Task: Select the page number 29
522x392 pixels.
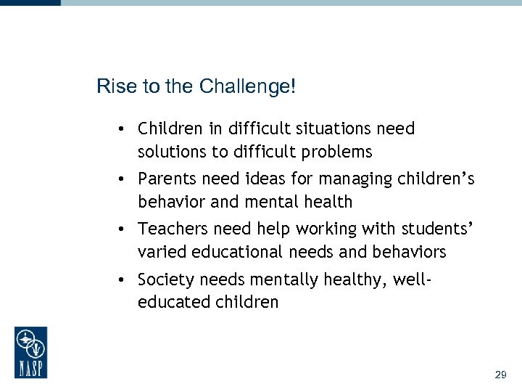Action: click(500, 375)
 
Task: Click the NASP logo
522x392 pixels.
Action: click(30, 352)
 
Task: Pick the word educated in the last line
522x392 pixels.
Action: click(170, 302)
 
